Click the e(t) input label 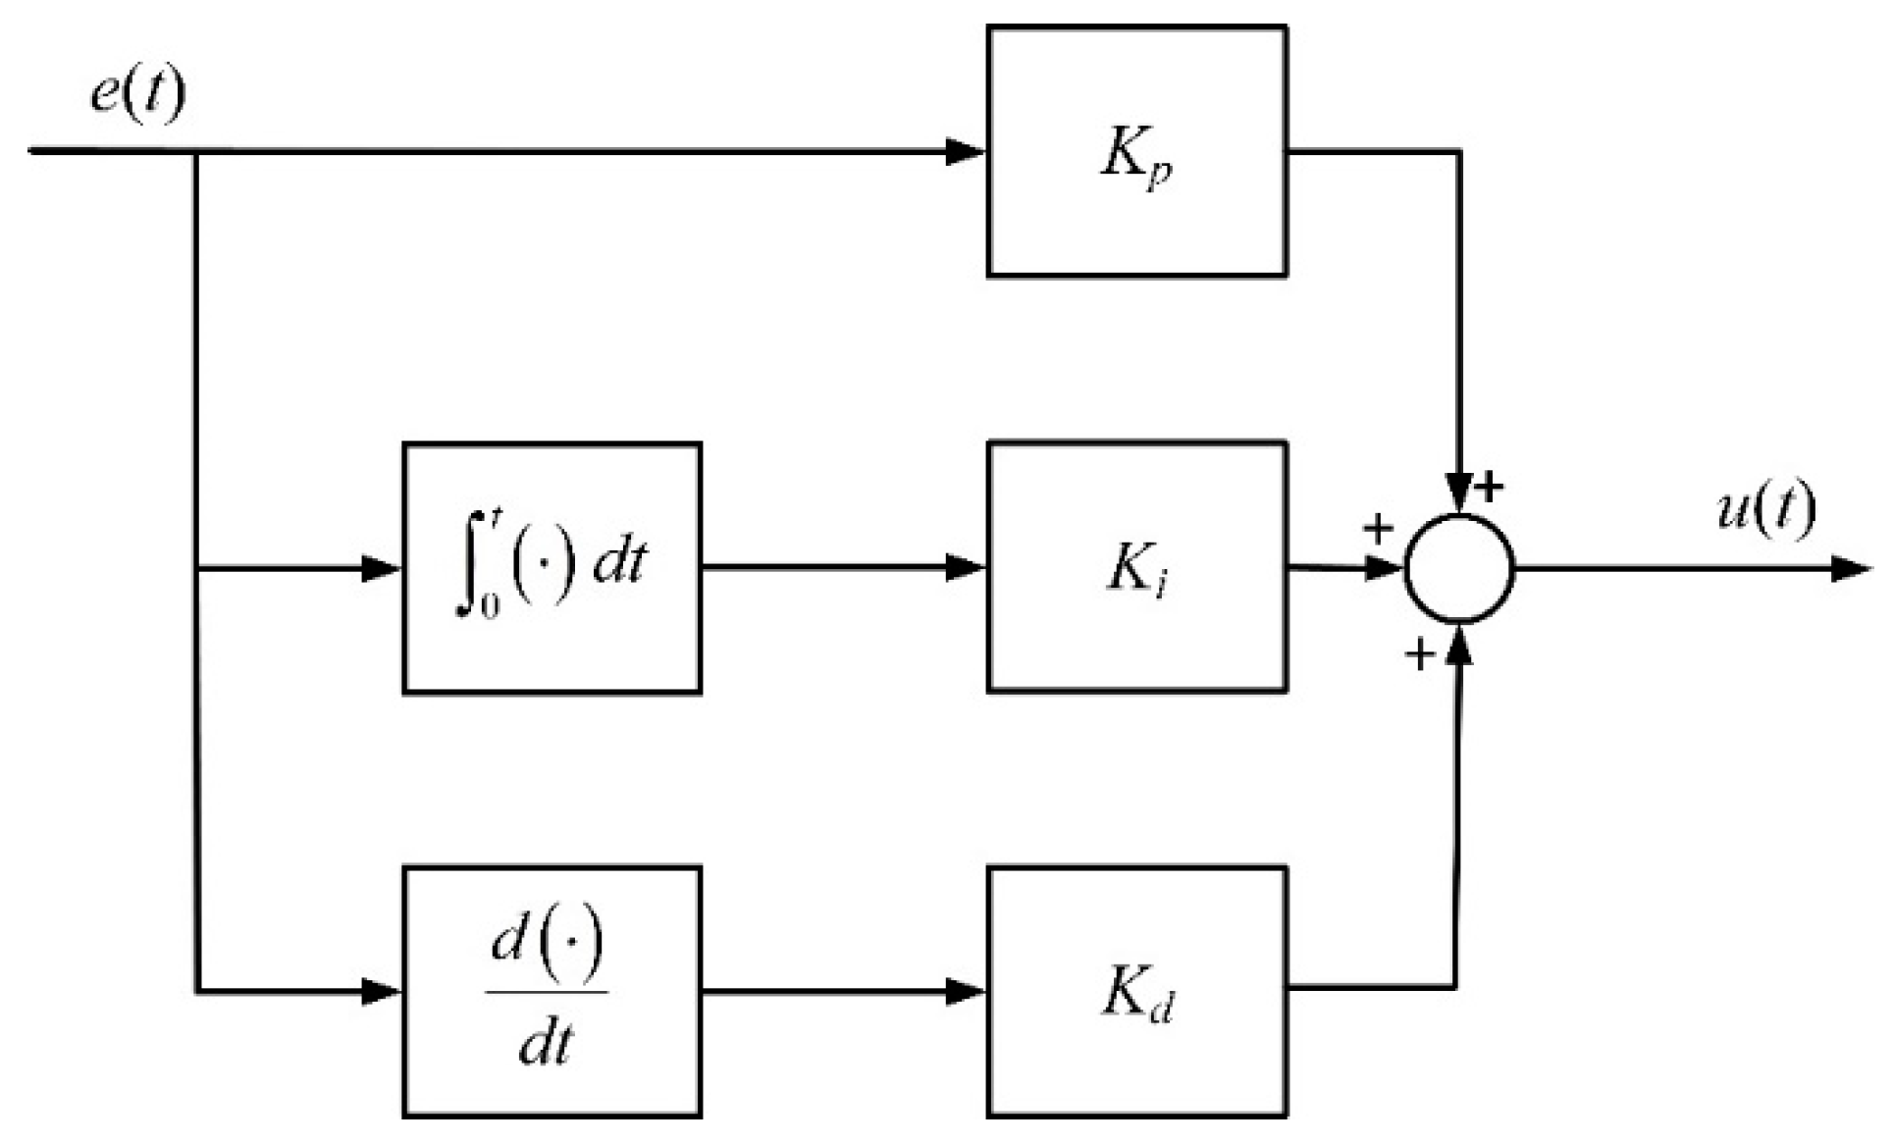(x=137, y=95)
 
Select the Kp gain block (x=1136, y=151)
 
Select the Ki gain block (x=1136, y=567)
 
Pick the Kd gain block (x=1136, y=991)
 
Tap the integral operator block (x=552, y=568)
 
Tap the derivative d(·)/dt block (x=552, y=991)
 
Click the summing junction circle (x=1459, y=568)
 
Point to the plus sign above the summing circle (x=1490, y=486)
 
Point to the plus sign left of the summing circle (x=1378, y=528)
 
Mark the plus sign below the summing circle (x=1419, y=653)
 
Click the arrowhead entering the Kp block (x=966, y=151)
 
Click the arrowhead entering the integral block (x=382, y=568)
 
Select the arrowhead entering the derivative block (x=382, y=991)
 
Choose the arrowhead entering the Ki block (x=966, y=567)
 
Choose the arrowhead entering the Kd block (x=966, y=991)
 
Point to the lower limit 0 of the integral (x=489, y=606)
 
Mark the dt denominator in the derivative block (x=546, y=1044)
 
